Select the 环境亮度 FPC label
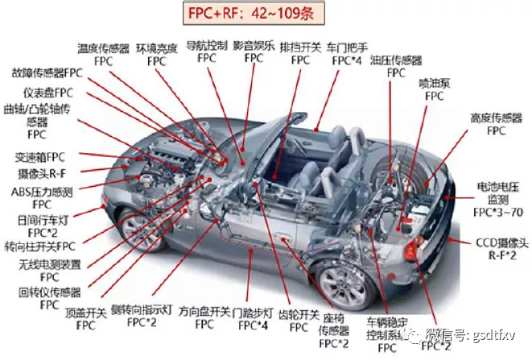(x=156, y=55)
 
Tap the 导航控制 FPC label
(x=206, y=52)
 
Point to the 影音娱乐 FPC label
(x=254, y=52)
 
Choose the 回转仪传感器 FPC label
(x=38, y=298)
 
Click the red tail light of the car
(x=411, y=250)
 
